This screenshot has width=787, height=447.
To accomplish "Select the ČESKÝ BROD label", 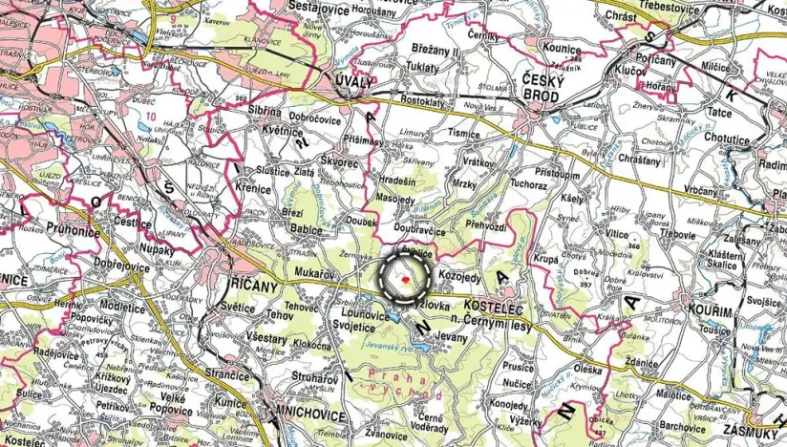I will pyautogui.click(x=544, y=84).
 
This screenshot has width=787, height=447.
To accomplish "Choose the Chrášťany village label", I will pyautogui.click(x=639, y=159).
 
